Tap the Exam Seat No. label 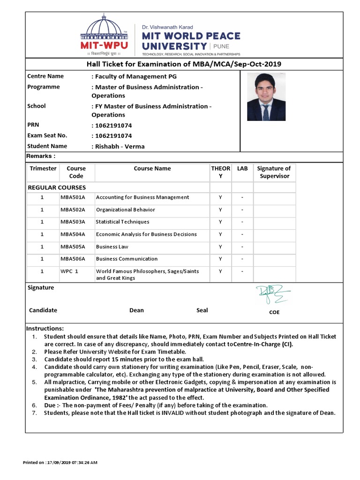pos(47,135)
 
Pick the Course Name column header pos(152,168)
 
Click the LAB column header pos(242,168)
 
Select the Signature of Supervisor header pos(274,172)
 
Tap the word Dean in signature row pos(136,310)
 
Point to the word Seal pos(202,310)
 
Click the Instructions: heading pos(45,328)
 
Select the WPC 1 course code pos(69,271)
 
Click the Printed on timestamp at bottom pos(60,463)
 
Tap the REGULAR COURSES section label pos(57,187)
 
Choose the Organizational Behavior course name pos(125,210)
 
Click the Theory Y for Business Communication pos(220,259)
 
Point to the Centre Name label pos(45,76)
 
